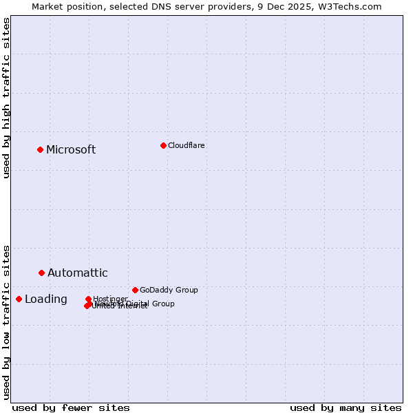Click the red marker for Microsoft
40,149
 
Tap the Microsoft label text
71,150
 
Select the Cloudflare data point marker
163,145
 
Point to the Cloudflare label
186,146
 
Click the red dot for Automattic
41,273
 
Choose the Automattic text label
77,273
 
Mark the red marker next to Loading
19,299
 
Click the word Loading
45,299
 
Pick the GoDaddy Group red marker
135,290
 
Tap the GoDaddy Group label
169,290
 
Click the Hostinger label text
110,299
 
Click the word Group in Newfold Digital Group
163,304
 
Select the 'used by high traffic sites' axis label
7,98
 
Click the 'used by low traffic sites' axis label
7,321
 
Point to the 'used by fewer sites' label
71,407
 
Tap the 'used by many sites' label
346,407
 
